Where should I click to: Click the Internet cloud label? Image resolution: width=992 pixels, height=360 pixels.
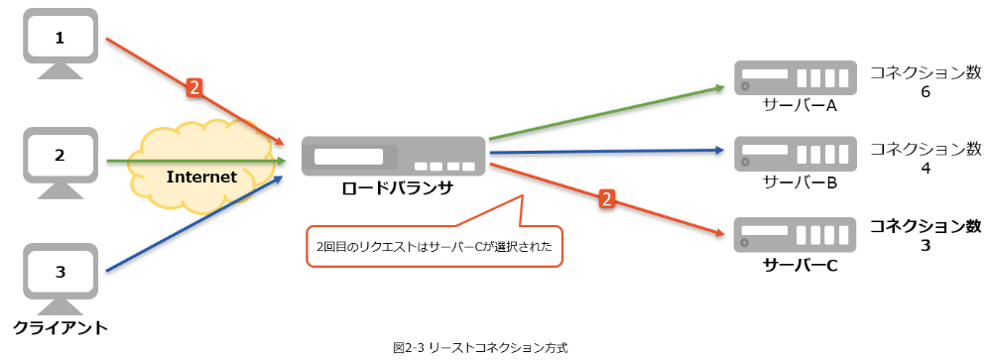pos(201,178)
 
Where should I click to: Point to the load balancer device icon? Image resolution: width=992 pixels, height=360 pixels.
pos(394,158)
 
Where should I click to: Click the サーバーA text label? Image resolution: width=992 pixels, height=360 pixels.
pos(800,105)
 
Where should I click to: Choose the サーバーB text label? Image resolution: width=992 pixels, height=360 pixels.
pos(800,182)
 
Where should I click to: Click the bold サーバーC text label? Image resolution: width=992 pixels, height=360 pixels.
pos(800,266)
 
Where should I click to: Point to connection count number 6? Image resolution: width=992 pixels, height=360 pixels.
pos(925,92)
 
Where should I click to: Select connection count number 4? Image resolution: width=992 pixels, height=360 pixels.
pos(925,170)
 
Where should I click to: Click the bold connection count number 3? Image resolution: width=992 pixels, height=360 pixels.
pos(925,246)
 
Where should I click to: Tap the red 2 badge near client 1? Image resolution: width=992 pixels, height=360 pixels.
pos(194,87)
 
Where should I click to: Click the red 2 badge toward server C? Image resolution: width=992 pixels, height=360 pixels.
pos(606,200)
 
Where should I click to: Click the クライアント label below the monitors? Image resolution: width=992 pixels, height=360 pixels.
pos(61,326)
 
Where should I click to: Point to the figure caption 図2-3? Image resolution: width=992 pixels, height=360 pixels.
pos(480,348)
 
